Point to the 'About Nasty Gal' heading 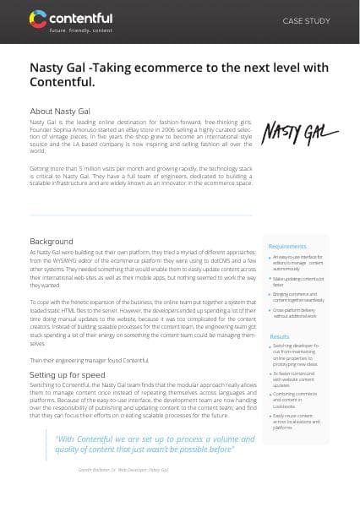click(x=62, y=111)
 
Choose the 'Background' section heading click(x=52, y=217)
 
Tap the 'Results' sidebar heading click(x=280, y=336)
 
